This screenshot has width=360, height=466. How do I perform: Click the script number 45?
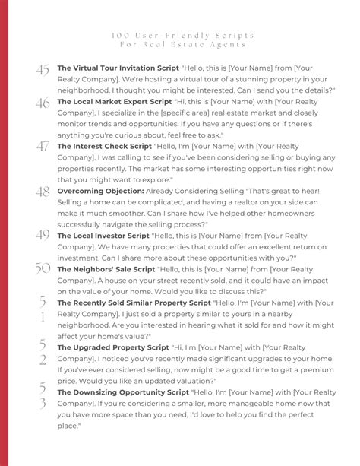pos(43,70)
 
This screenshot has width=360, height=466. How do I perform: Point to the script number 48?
pos(43,193)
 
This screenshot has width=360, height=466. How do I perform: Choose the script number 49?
pos(43,238)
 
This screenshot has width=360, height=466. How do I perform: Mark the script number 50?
pos(43,270)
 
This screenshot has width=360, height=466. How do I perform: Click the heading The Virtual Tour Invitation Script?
pos(118,68)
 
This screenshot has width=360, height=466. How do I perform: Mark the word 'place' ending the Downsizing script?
pos(68,426)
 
